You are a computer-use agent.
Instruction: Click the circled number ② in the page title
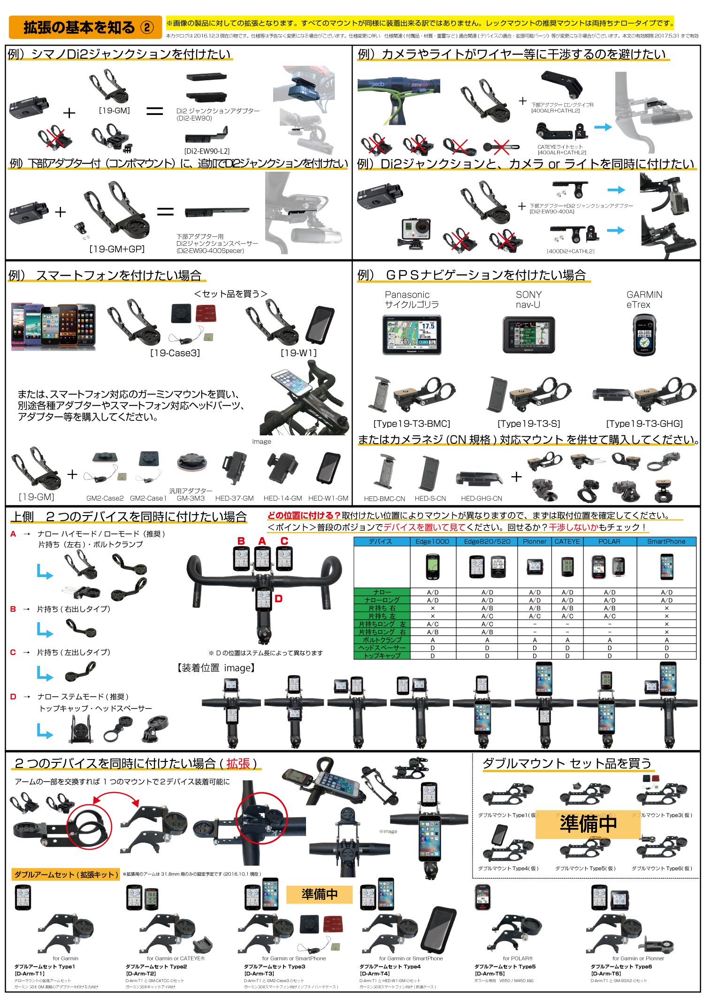[147, 28]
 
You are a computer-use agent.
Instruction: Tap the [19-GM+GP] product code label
[117, 249]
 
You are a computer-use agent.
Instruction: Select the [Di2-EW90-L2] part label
[207, 151]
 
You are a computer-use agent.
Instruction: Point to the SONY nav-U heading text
[528, 299]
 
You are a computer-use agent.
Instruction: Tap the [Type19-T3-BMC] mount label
[412, 424]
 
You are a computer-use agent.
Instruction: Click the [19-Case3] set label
[175, 353]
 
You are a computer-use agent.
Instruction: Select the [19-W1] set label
[298, 353]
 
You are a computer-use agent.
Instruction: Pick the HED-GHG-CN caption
[481, 498]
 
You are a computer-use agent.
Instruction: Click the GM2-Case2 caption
[105, 498]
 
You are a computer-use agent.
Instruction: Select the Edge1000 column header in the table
[432, 541]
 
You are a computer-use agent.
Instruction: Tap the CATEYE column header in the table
[567, 541]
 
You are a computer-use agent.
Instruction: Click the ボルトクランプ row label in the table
[382, 640]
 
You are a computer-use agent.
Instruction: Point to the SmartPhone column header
[666, 541]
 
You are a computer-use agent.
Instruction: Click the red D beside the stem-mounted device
[278, 599]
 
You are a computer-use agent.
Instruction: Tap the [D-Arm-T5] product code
[490, 973]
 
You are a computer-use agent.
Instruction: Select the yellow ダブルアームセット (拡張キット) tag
[66, 874]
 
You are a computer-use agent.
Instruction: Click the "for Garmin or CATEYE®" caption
[176, 958]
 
